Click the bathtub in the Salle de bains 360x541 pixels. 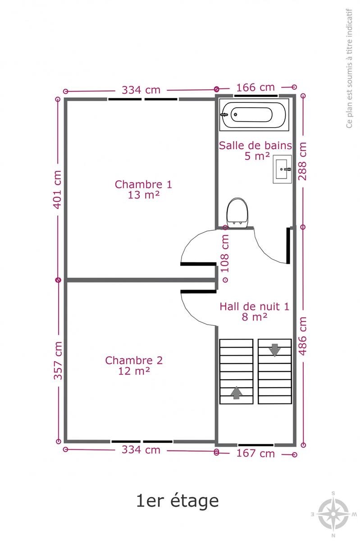tap(254, 115)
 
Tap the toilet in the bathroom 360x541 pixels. tap(237, 212)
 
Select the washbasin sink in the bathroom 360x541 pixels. tap(282, 169)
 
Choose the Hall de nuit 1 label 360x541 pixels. tap(254, 307)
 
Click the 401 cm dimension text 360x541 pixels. tap(58, 189)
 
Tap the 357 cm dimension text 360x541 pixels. tap(58, 360)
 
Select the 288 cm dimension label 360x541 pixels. tap(302, 161)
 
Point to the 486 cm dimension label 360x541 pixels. tap(303, 336)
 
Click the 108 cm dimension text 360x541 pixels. tap(225, 253)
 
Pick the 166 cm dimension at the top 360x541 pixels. tap(255, 87)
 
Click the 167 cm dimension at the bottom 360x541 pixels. tap(255, 454)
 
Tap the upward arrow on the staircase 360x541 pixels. tap(237, 393)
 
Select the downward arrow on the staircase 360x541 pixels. tap(274, 350)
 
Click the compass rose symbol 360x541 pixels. tap(333, 513)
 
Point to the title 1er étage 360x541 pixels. tap(178, 501)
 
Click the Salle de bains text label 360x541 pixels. tap(255, 146)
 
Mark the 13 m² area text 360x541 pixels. tap(144, 195)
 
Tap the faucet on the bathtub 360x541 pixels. tap(224, 115)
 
